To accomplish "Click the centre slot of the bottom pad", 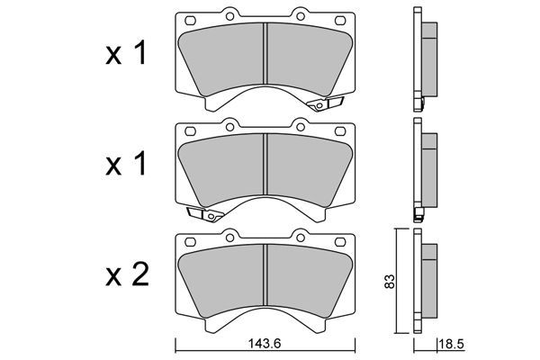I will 265,274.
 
